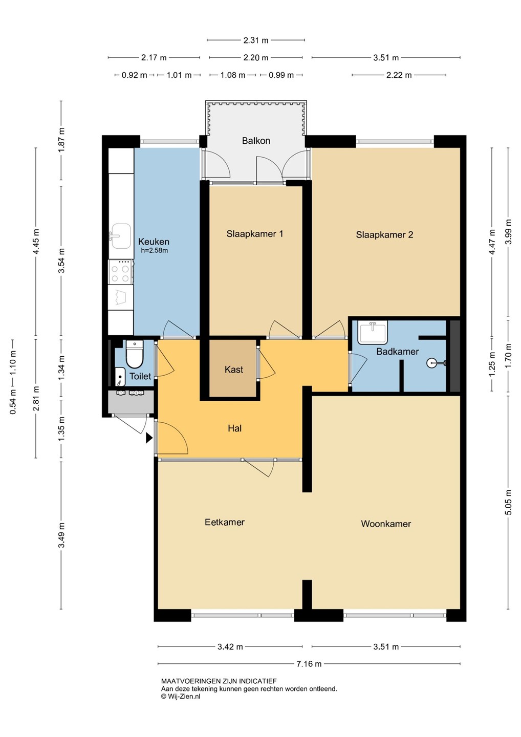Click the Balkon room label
click(x=256, y=141)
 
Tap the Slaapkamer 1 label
click(x=254, y=234)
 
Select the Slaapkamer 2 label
click(x=384, y=234)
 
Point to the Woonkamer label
click(x=386, y=524)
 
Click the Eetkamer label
click(x=225, y=522)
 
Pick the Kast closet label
click(x=234, y=370)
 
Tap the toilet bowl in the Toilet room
click(x=135, y=355)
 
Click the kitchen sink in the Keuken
click(x=121, y=236)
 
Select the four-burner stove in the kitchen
click(x=121, y=272)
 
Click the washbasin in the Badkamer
click(x=373, y=333)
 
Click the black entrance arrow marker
click(x=149, y=438)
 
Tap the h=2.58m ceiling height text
click(x=155, y=251)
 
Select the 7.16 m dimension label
click(x=309, y=664)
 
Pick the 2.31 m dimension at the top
click(x=256, y=40)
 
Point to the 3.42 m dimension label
click(x=230, y=647)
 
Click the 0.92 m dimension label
click(x=134, y=75)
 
